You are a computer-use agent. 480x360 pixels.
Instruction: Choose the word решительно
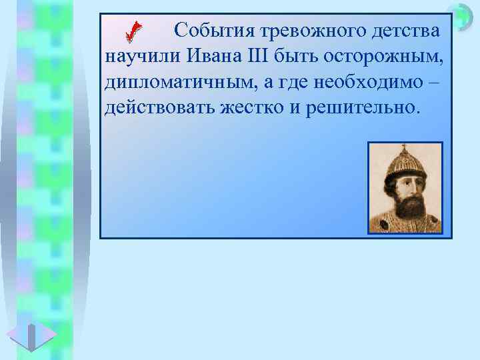tap(363, 107)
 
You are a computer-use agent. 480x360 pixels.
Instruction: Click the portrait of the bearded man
tap(405, 187)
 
